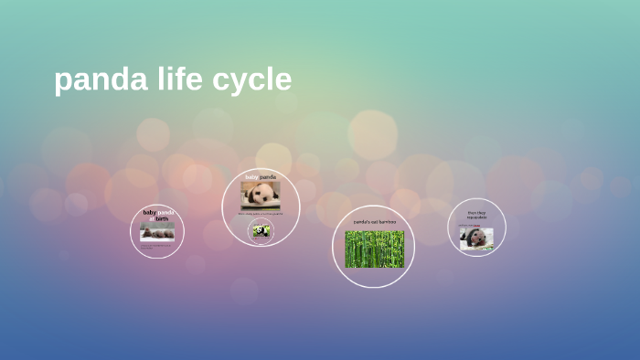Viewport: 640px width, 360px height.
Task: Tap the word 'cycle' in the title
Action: [251, 80]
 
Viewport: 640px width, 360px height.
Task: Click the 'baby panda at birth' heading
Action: [157, 216]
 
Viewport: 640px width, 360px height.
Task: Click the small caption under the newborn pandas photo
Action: [157, 245]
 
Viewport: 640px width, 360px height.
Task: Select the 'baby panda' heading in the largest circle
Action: [261, 176]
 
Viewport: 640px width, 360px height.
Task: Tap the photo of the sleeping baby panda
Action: [261, 195]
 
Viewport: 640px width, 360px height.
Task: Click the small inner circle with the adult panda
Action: [261, 231]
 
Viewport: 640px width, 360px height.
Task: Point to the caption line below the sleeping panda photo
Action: [261, 213]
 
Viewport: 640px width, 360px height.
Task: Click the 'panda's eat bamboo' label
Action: [374, 221]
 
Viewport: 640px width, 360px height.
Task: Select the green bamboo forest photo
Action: [374, 249]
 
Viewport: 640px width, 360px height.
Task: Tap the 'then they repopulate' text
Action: [477, 215]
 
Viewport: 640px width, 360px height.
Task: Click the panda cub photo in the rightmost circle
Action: [476, 238]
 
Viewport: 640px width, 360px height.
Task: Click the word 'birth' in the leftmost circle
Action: [161, 219]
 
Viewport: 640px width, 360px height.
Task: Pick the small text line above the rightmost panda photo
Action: [476, 225]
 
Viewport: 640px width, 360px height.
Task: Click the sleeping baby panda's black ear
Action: [249, 188]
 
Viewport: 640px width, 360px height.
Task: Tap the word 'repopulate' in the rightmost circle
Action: [477, 217]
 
